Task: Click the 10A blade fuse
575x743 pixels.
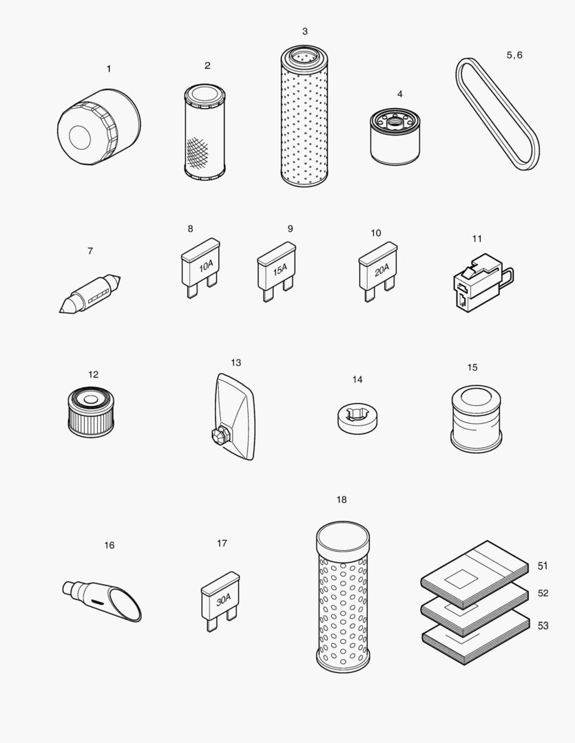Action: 201,266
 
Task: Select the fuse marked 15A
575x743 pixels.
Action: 277,269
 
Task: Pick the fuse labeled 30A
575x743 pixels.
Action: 221,600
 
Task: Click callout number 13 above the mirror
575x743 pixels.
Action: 236,363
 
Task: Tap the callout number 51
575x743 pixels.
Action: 543,566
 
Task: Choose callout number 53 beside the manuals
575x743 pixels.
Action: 543,625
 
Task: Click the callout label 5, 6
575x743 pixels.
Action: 514,55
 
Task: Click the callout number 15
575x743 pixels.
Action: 472,367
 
